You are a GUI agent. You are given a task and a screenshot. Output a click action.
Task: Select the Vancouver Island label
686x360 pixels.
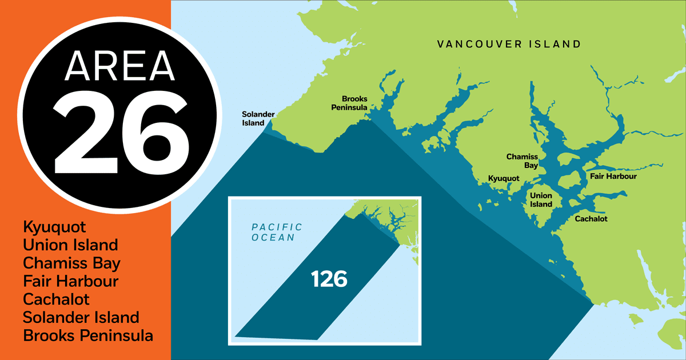point(509,44)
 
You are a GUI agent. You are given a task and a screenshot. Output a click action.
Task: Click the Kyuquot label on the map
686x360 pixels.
point(503,179)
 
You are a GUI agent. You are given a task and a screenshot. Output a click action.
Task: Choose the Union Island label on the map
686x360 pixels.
point(540,200)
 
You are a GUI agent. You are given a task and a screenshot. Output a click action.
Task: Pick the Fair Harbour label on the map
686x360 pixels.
point(613,177)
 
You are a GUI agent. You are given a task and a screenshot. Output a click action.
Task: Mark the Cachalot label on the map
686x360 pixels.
point(591,219)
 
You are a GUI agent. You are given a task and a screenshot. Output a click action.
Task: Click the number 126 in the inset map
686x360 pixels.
point(329,279)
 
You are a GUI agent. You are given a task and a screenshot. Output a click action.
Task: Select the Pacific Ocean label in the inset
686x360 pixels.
point(277,232)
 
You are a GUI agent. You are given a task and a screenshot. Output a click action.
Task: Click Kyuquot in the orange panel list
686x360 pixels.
point(54,227)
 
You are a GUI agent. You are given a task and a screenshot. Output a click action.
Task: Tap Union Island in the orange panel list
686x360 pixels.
point(70,245)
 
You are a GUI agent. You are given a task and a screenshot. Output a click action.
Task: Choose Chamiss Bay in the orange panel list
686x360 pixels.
point(71,263)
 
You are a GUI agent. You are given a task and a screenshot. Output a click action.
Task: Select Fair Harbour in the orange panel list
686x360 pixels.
point(71,282)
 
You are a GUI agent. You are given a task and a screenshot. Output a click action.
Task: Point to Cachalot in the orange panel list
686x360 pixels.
point(56,299)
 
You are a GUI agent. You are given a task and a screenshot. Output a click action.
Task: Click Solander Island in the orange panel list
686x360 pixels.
point(81,318)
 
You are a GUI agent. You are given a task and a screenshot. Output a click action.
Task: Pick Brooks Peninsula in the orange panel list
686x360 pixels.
point(88,336)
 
